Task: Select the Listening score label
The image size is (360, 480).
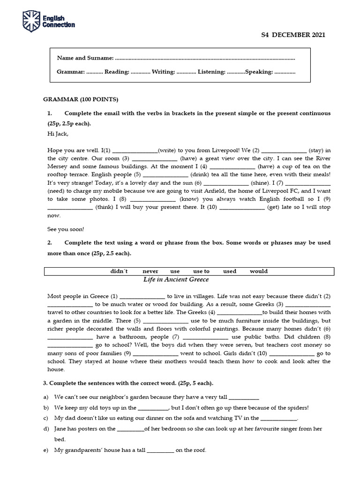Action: point(211,72)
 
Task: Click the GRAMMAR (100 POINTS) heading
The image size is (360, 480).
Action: point(81,99)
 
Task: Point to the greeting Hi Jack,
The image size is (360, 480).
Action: point(58,134)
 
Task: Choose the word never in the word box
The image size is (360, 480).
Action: point(150,271)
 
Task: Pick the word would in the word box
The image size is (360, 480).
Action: point(259,271)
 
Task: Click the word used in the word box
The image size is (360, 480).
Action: point(230,271)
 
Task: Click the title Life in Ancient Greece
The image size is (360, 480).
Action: point(176,279)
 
